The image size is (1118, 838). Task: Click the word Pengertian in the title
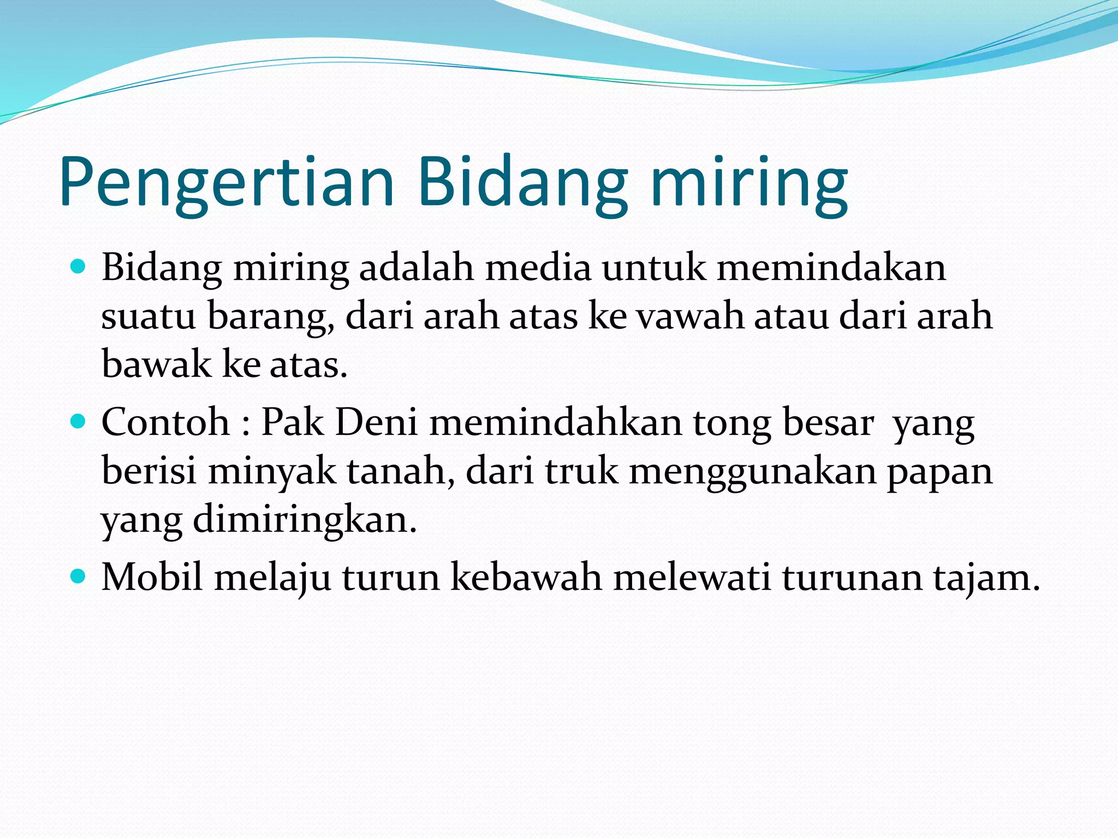coord(227,183)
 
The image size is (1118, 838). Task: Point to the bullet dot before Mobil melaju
coord(79,576)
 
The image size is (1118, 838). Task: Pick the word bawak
coord(156,364)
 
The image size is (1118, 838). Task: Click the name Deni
coord(376,422)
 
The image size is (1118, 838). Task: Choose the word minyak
coord(271,471)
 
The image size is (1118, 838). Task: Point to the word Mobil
coord(152,577)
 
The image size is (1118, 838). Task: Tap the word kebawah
coord(526,577)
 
